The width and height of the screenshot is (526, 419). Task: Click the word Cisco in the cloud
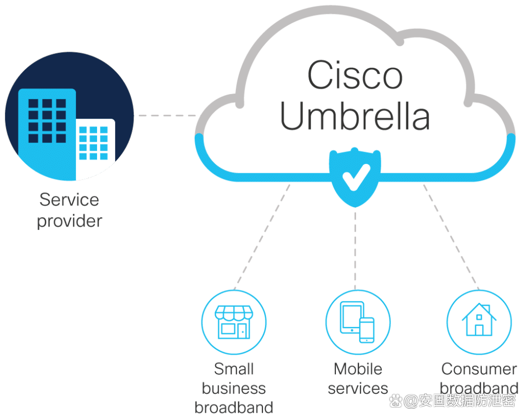click(354, 76)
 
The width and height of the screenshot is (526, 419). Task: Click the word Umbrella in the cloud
click(355, 117)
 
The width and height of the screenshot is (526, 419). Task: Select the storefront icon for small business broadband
click(233, 321)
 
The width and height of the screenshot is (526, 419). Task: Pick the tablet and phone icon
click(358, 322)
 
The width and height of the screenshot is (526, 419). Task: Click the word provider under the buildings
click(69, 221)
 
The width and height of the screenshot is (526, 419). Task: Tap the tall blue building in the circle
click(47, 129)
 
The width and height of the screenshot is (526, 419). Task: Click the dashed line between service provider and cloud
click(168, 116)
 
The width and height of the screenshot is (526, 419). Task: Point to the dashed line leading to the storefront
click(261, 235)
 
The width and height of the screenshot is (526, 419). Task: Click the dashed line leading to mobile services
click(355, 247)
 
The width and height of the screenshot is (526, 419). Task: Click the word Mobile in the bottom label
click(358, 369)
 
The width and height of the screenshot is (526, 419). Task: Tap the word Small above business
click(234, 369)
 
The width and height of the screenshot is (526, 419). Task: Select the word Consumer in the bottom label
click(479, 369)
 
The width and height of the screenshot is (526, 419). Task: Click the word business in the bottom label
click(234, 388)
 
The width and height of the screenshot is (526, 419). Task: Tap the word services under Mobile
click(358, 388)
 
